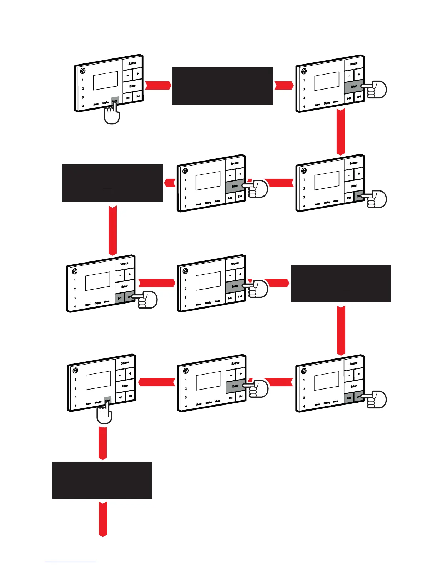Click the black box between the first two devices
(222, 86)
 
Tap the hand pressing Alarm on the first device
(111, 115)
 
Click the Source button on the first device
(132, 63)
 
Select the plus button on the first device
(138, 74)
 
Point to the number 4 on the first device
(83, 106)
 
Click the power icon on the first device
(83, 71)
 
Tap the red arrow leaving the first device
(158, 86)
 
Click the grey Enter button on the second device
(353, 87)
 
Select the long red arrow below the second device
(341, 132)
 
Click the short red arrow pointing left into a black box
(170, 183)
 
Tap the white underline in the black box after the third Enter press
(346, 290)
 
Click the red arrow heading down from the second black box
(112, 230)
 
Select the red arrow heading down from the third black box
(341, 330)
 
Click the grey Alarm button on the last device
(107, 400)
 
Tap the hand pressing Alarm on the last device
(105, 415)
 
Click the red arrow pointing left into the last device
(156, 382)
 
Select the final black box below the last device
(102, 480)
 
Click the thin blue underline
(71, 562)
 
